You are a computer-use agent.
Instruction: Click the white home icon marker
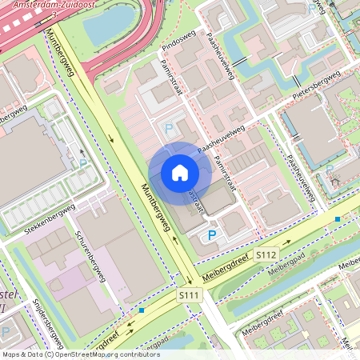[x=180, y=172]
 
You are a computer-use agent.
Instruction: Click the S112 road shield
[x=266, y=254]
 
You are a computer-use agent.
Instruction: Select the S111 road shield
[x=189, y=296]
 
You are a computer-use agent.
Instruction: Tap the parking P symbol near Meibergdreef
[x=212, y=235]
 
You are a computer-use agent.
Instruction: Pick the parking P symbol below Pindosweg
[x=168, y=128]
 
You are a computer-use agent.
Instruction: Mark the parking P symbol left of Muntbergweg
[x=83, y=163]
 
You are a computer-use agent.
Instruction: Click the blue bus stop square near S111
[x=142, y=310]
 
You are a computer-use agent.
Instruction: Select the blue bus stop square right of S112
[x=338, y=218]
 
